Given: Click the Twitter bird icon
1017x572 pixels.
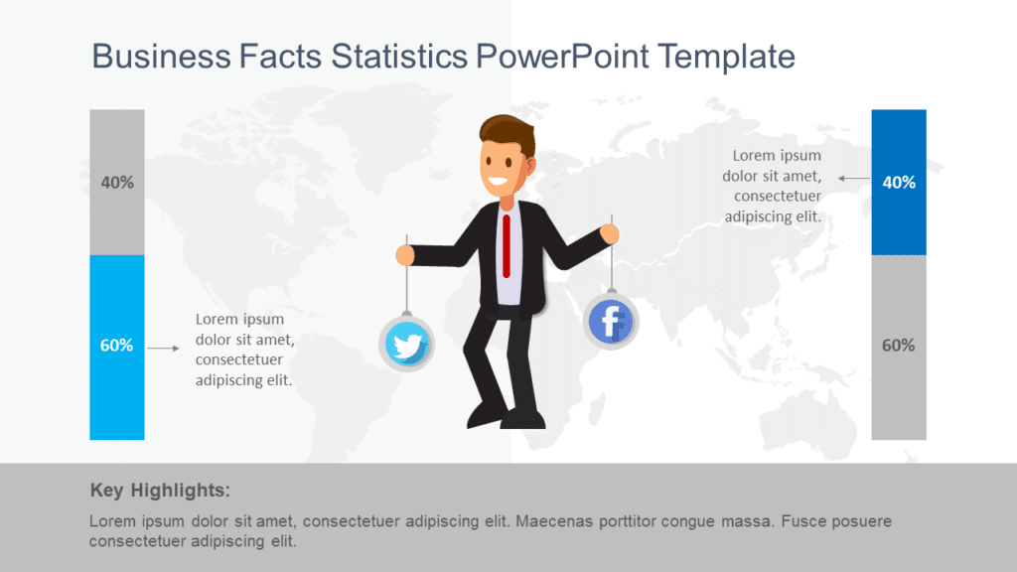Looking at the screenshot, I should pos(406,345).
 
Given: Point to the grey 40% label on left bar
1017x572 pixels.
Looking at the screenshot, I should pos(117,183).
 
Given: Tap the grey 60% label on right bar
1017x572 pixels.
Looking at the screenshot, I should pos(898,346).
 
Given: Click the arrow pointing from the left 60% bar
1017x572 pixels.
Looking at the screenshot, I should pos(163,348).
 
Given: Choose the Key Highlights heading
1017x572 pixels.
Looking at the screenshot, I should pos(160,490).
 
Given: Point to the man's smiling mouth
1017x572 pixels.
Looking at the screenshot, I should pos(497,184).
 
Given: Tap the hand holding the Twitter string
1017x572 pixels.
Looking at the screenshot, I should pos(404,255).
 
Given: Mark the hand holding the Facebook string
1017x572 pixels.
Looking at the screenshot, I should pos(610,234).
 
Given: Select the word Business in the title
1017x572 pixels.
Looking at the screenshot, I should pos(159,56).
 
